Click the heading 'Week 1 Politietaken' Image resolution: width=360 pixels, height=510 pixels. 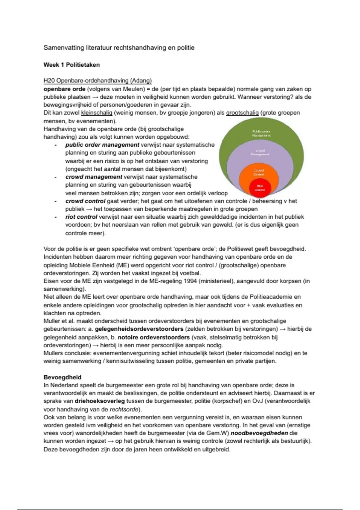(x=71, y=65)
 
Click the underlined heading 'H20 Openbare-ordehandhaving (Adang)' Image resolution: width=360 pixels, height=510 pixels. (x=97, y=81)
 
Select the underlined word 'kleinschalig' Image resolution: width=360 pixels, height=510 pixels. (x=97, y=113)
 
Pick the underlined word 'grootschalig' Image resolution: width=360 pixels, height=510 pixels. (x=242, y=113)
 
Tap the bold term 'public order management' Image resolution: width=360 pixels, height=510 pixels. (x=102, y=145)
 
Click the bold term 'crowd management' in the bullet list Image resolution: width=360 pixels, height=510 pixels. (x=94, y=177)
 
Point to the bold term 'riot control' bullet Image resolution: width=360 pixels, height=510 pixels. (x=81, y=217)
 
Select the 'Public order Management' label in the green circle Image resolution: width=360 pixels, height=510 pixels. (x=261, y=133)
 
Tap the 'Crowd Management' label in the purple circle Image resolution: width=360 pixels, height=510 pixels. (x=260, y=152)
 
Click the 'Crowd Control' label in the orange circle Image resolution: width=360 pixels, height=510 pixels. (x=259, y=172)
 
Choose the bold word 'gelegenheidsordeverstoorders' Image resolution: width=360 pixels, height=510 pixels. (x=139, y=329)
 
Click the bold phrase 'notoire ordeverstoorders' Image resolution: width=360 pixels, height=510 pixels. (x=154, y=337)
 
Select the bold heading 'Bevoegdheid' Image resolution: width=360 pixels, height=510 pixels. (x=62, y=377)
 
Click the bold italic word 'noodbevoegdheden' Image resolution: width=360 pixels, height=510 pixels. (x=259, y=433)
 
